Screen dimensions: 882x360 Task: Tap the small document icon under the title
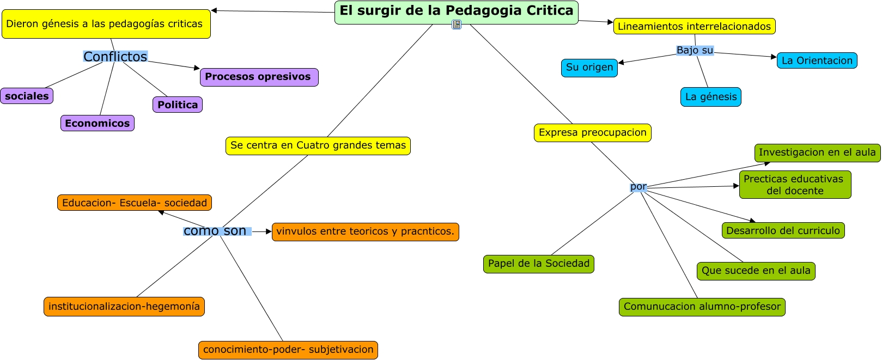(457, 25)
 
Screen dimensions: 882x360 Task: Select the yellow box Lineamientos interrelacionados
(694, 26)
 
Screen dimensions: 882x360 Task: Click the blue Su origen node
(589, 68)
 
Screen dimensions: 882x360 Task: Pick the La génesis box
(710, 97)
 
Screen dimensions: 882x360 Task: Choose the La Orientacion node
(817, 60)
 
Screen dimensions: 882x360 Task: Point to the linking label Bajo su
(695, 50)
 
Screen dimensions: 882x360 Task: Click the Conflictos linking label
(115, 57)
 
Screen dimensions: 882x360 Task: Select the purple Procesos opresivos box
(259, 77)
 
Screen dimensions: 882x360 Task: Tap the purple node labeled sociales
(27, 96)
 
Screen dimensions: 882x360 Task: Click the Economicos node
(98, 123)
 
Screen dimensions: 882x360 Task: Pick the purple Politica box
(178, 105)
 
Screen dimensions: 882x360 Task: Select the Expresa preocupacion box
(592, 132)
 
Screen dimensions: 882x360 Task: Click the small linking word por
(638, 187)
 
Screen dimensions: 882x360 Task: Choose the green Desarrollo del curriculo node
(783, 230)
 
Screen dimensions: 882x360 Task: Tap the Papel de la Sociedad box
(538, 264)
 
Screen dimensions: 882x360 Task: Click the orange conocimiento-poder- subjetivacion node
(288, 350)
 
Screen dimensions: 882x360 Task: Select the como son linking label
(216, 231)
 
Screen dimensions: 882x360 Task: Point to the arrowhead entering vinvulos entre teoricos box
(269, 231)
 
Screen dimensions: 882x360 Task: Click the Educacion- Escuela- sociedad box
(134, 203)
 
